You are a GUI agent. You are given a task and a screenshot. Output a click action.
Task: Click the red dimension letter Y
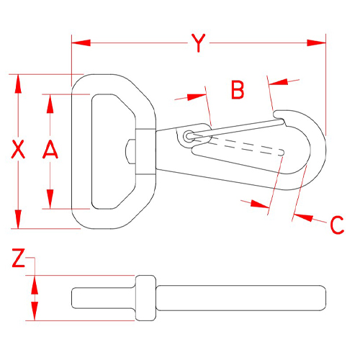199,43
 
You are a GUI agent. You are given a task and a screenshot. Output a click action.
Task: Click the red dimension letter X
18,149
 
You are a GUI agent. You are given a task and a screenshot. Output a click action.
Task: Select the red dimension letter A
50,149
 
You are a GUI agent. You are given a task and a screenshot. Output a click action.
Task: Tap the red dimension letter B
238,89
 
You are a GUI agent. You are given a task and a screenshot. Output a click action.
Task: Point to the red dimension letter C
337,225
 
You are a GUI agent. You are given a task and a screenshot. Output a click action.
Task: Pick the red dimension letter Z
18,258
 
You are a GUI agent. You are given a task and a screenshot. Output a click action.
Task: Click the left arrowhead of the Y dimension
81,43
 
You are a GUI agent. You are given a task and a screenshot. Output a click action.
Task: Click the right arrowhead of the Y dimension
317,43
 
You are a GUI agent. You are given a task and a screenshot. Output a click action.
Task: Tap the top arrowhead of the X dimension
18,84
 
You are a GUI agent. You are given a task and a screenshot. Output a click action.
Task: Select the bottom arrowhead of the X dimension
18,219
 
